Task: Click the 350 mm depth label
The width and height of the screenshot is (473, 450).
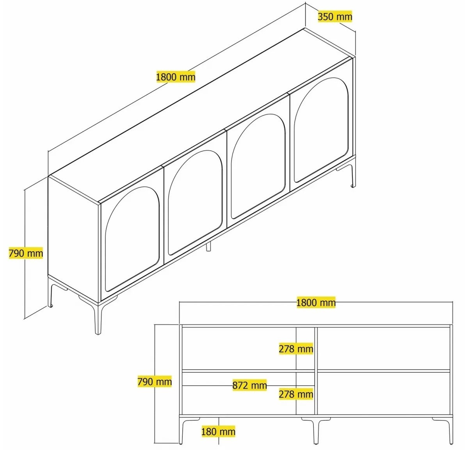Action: click(335, 16)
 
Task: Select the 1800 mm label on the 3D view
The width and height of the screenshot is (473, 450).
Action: click(176, 77)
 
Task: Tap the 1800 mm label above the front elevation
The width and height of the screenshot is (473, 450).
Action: click(316, 302)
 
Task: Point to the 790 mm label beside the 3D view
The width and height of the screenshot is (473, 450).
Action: click(26, 253)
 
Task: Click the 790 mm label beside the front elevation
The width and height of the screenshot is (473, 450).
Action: click(155, 381)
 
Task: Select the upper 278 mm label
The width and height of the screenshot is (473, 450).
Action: click(296, 349)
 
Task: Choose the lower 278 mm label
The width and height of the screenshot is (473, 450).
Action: click(296, 394)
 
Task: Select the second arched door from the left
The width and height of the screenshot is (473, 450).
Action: click(195, 203)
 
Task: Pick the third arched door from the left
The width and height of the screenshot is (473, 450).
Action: click(258, 166)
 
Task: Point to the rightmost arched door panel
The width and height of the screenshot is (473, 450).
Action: click(321, 130)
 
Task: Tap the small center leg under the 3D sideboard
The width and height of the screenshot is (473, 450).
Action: click(208, 246)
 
